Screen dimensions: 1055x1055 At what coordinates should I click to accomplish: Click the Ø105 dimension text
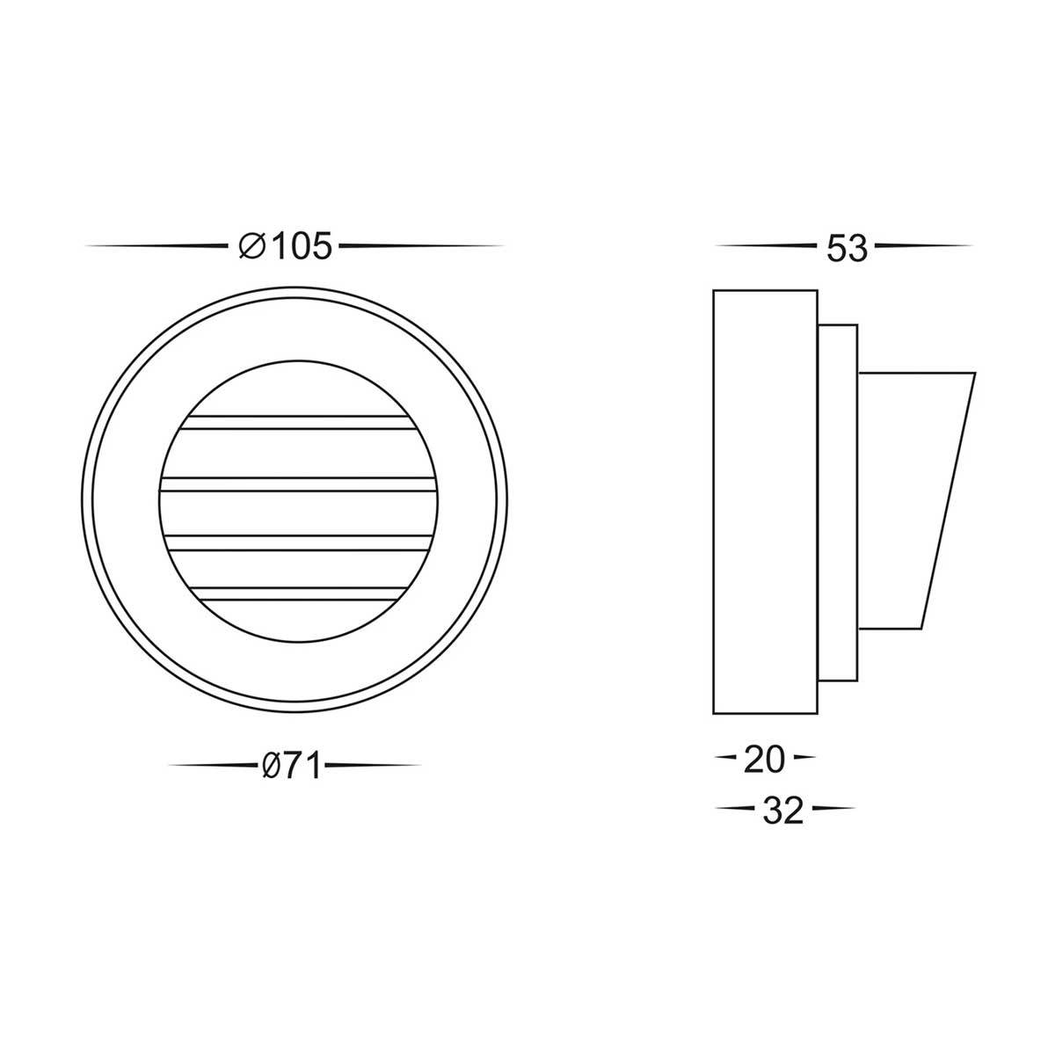click(286, 246)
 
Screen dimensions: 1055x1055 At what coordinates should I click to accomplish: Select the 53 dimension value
click(847, 248)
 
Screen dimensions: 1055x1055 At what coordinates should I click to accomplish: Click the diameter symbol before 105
click(252, 246)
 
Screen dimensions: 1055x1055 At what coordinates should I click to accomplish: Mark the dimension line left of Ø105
click(158, 245)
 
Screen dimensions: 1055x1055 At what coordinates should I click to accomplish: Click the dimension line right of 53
click(923, 245)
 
